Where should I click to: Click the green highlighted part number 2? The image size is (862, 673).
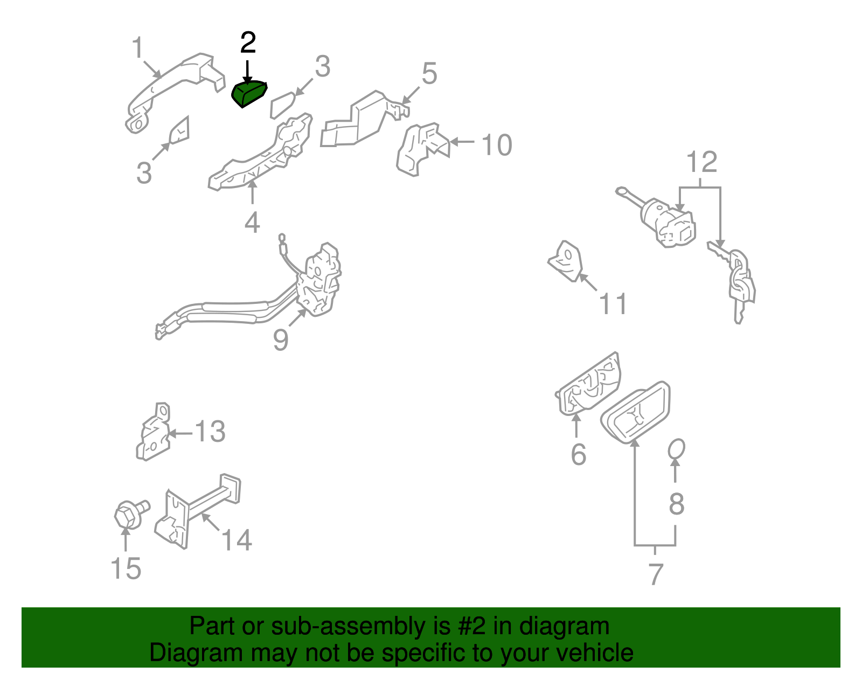click(x=249, y=93)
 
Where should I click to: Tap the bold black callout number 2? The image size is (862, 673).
click(x=248, y=43)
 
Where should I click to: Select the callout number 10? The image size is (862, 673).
click(x=496, y=145)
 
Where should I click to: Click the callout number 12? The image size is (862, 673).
click(x=702, y=162)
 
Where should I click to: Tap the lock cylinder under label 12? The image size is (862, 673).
click(x=665, y=221)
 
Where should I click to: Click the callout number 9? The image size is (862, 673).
click(x=280, y=340)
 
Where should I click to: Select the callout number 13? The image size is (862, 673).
click(x=210, y=432)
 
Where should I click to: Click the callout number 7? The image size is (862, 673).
click(x=655, y=574)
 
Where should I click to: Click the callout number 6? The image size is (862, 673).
click(x=578, y=454)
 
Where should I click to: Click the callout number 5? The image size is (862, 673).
click(x=429, y=73)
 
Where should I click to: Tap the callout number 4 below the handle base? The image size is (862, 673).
click(x=252, y=222)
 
